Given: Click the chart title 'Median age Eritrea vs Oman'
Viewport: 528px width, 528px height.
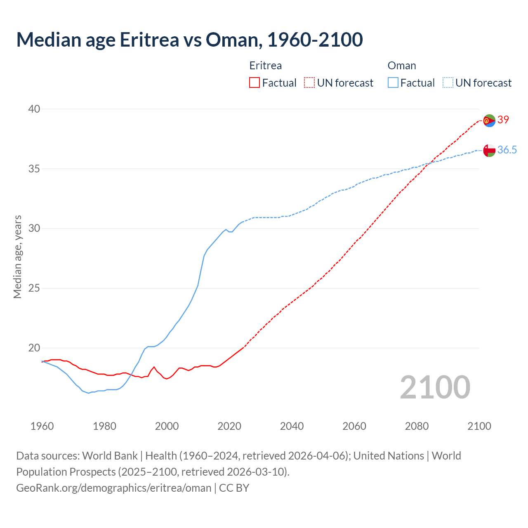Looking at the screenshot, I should [189, 40].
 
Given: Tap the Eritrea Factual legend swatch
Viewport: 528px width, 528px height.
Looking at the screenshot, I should [255, 83].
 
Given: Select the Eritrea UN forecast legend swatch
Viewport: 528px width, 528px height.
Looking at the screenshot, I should [309, 83].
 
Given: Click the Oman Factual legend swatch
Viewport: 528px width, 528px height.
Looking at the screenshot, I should [393, 83].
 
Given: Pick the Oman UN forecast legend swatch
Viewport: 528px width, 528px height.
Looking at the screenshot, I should [448, 83].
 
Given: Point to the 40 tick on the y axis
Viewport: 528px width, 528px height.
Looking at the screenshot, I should [34, 109].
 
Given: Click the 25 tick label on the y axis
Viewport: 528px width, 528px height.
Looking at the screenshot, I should [34, 288].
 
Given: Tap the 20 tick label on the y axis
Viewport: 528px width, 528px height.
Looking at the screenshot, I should [34, 348].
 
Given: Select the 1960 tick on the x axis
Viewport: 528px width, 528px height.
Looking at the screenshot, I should [42, 426].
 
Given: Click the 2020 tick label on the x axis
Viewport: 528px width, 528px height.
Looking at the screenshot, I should [229, 426].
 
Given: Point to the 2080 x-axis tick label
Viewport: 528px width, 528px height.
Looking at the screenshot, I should [417, 426].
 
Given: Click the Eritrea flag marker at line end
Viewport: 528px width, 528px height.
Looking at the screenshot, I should [489, 120].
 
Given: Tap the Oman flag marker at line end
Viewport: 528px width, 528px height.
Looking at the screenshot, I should [489, 151].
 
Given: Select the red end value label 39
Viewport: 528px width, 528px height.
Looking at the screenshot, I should [503, 120].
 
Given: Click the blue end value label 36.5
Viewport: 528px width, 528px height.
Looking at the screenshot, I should [507, 150].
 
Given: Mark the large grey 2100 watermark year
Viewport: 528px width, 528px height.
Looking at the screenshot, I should [435, 387].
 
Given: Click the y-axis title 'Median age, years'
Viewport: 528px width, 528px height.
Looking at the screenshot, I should [17, 257].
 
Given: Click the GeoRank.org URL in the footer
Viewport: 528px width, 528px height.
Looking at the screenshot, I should [114, 488].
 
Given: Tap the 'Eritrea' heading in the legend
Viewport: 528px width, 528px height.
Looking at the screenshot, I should [266, 66].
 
